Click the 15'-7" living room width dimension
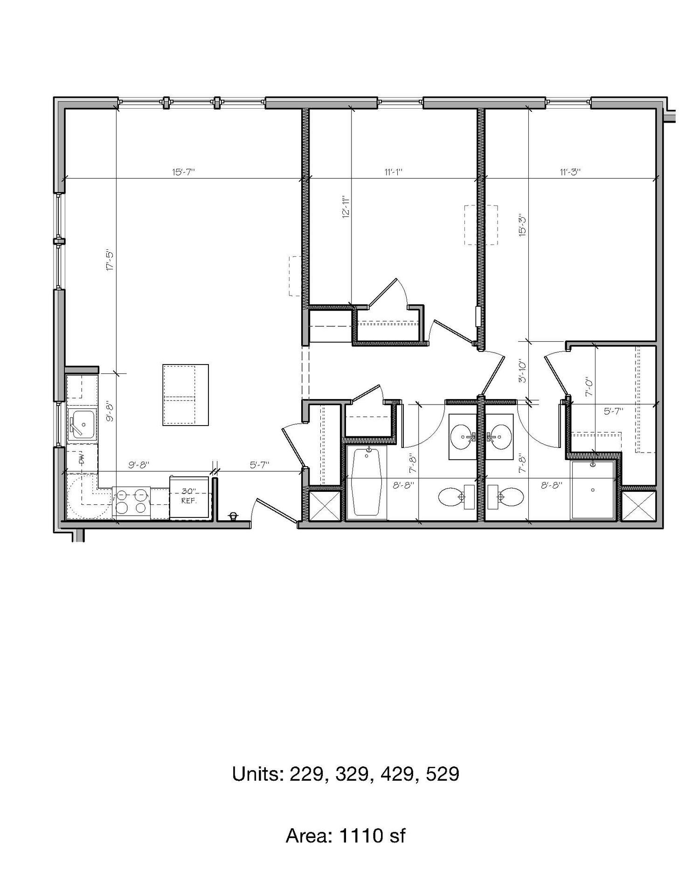click(x=183, y=172)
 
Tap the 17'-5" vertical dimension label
click(x=110, y=261)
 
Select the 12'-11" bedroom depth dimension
click(x=346, y=207)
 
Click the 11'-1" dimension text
click(x=393, y=172)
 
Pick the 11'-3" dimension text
click(x=570, y=172)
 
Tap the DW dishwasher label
click(x=81, y=459)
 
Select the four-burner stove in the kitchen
click(x=131, y=502)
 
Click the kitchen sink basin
click(x=82, y=424)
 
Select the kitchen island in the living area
click(x=186, y=395)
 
